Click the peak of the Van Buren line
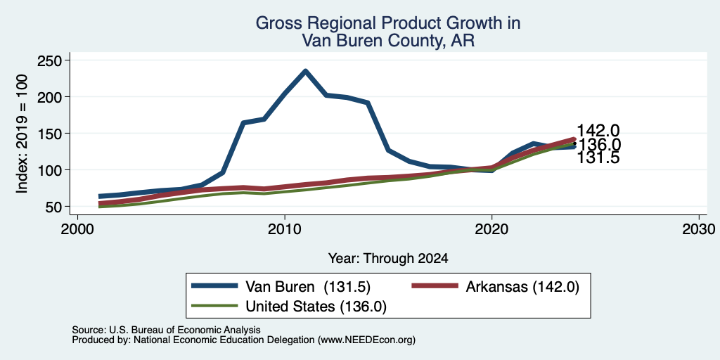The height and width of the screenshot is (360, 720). coord(305,71)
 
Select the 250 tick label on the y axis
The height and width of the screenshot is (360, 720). coord(50,60)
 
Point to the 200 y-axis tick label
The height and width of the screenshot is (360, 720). coord(50,97)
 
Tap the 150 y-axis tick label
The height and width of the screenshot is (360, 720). coord(50,134)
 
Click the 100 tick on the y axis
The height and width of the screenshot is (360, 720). coord(50,170)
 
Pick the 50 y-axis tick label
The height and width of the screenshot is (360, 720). coord(55,207)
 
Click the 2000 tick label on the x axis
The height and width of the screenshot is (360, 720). coord(77,229)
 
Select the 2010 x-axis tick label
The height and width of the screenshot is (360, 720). coord(285,229)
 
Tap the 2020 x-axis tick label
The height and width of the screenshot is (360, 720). coord(491,229)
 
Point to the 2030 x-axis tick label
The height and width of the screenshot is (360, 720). coord(699,229)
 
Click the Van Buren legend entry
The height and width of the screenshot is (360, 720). coord(281,287)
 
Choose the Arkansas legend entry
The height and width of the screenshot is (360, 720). coord(495,287)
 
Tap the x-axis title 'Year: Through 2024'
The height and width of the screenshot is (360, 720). coord(388,259)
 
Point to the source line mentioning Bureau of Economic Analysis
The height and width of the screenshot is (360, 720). coord(166,330)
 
